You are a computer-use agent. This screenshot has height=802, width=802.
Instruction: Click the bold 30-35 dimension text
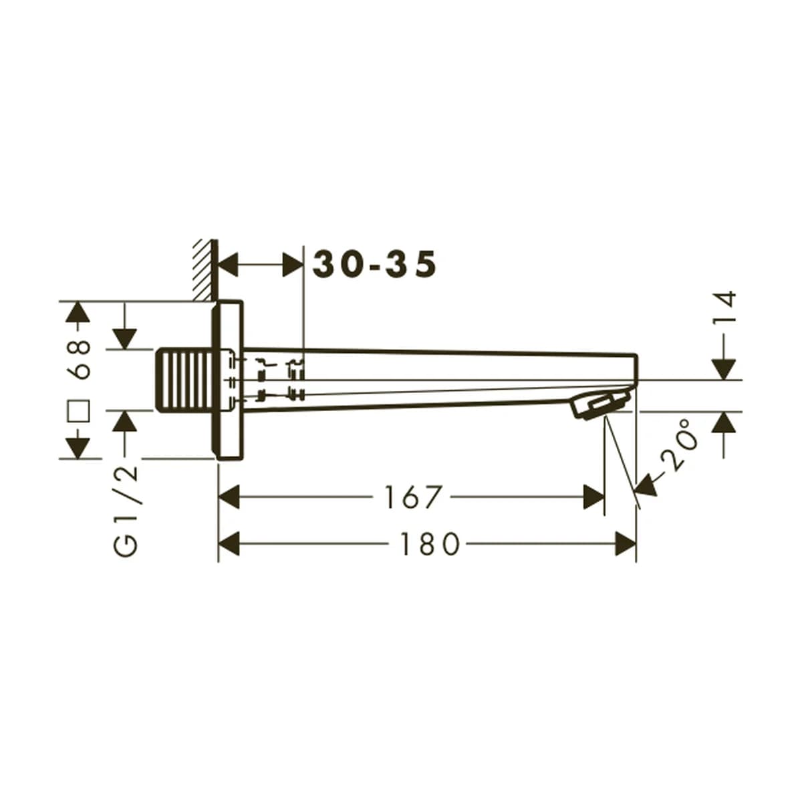(x=374, y=264)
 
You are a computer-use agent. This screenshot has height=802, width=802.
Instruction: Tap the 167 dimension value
(x=412, y=497)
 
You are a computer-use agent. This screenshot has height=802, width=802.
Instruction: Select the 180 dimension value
(x=430, y=543)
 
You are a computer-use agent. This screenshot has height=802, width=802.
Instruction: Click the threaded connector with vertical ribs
(x=186, y=379)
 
